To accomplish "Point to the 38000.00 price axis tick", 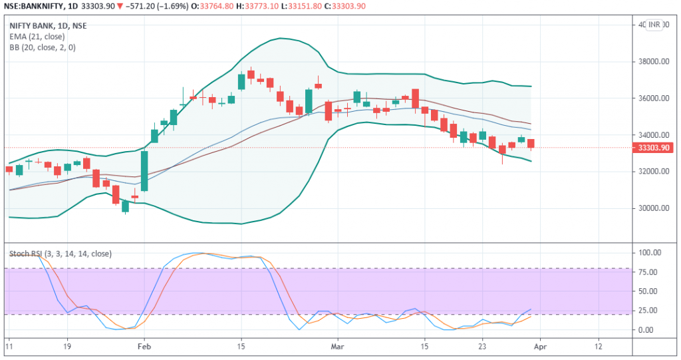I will (x=651, y=62).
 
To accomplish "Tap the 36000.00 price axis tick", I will (x=651, y=98).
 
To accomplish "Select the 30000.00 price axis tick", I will (x=651, y=208).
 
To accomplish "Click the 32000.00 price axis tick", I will (x=651, y=172).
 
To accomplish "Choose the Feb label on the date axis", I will (x=144, y=347).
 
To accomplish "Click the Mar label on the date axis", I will (x=338, y=347).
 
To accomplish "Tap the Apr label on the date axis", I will (x=540, y=347).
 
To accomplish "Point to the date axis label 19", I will (x=67, y=347).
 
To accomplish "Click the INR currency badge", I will (x=654, y=25).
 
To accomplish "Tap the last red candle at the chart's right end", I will (x=531, y=144).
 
